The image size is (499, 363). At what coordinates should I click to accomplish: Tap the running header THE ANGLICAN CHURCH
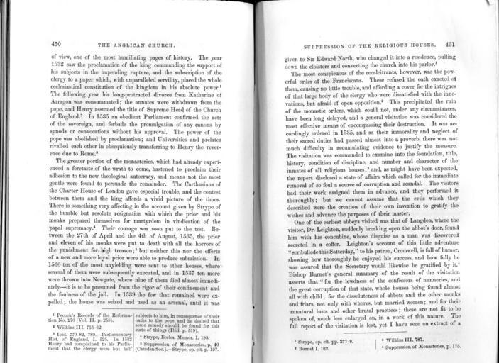point(135,45)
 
